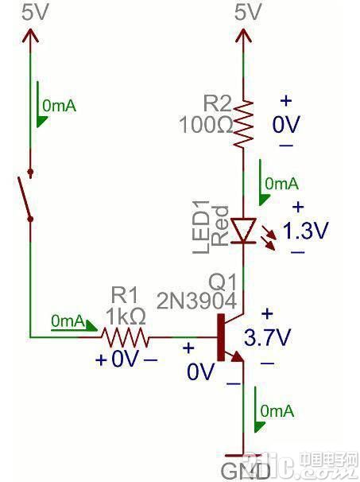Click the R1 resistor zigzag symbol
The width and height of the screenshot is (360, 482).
[126, 337]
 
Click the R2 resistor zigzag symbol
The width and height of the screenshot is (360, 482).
[244, 124]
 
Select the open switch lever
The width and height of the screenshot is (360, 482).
[25, 198]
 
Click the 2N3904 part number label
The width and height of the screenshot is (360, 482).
[196, 301]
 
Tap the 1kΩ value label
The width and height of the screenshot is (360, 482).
[125, 317]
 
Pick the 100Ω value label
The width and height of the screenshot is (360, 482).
[206, 125]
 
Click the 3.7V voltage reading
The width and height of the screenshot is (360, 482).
[267, 337]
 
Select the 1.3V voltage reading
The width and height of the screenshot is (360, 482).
[305, 230]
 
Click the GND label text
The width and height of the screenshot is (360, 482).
[246, 471]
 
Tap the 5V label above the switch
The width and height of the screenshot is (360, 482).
[35, 14]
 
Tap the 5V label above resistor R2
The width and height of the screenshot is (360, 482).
[248, 14]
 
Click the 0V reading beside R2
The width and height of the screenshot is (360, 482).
[285, 125]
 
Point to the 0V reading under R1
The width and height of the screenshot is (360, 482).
[125, 359]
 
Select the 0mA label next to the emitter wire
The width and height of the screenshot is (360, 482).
[277, 410]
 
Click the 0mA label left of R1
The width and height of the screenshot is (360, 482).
[68, 321]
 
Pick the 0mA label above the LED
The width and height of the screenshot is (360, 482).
[281, 184]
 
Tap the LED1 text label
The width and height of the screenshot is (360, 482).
[201, 227]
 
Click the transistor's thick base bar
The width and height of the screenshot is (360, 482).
[221, 337]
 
